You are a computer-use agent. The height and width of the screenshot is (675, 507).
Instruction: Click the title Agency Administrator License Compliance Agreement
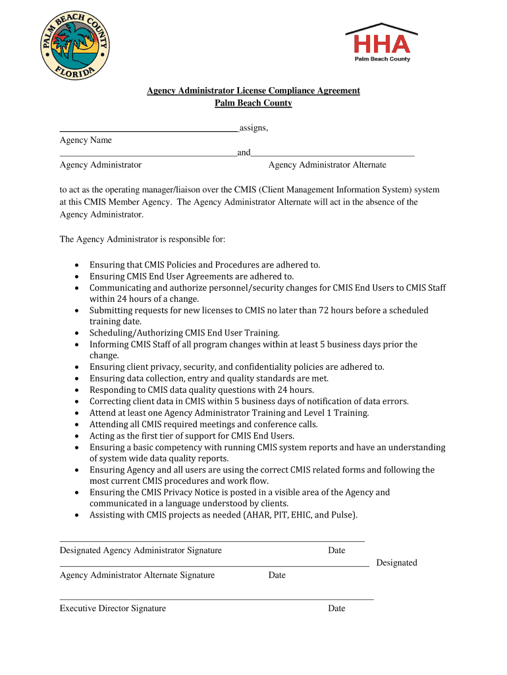[x=253, y=91]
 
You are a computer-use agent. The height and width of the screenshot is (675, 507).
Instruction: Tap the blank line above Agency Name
[x=148, y=132]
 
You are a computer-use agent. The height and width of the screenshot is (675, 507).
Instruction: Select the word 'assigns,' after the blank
[x=254, y=128]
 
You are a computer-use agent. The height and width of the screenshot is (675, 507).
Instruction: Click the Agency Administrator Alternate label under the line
[x=327, y=165]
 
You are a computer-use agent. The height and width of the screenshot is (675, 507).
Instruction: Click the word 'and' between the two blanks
[x=244, y=153]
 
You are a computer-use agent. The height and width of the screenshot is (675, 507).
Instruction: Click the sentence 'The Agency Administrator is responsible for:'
[x=143, y=239]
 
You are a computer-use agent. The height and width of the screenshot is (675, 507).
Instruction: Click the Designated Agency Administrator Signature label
[x=141, y=550]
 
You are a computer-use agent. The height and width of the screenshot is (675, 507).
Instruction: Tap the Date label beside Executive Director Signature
[x=336, y=608]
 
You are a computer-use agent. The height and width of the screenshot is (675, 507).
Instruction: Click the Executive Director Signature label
[x=113, y=608]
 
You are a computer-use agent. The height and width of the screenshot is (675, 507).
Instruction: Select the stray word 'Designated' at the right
[x=396, y=563]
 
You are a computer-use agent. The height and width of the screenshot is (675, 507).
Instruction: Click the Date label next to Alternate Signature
[x=277, y=575]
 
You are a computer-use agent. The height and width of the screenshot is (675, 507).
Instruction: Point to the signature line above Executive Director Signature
[x=217, y=599]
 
